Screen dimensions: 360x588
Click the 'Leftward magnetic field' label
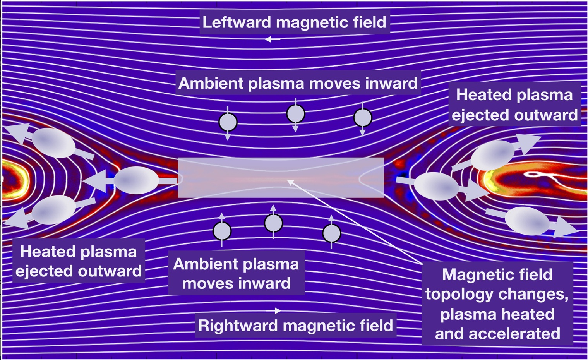pyautogui.click(x=294, y=22)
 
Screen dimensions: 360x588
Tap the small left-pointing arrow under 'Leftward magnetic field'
pyautogui.click(x=273, y=39)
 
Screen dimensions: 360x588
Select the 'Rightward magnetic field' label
pyautogui.click(x=295, y=326)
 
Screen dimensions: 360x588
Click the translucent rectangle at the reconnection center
pyautogui.click(x=281, y=178)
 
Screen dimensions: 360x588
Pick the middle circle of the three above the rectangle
pyautogui.click(x=296, y=114)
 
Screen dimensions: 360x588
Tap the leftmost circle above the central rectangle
pyautogui.click(x=228, y=122)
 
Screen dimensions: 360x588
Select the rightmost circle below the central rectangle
pyautogui.click(x=331, y=233)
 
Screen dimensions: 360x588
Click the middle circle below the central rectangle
pyautogui.click(x=273, y=223)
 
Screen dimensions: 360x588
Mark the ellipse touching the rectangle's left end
pyautogui.click(x=136, y=180)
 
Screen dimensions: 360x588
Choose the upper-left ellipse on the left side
pyautogui.click(x=53, y=143)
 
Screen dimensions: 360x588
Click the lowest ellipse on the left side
pyautogui.click(x=53, y=210)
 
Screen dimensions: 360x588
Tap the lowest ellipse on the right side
pyautogui.click(x=527, y=221)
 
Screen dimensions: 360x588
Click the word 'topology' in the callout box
pyautogui.click(x=459, y=295)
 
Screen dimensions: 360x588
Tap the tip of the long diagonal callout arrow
pyautogui.click(x=287, y=180)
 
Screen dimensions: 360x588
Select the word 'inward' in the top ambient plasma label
pyautogui.click(x=391, y=83)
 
